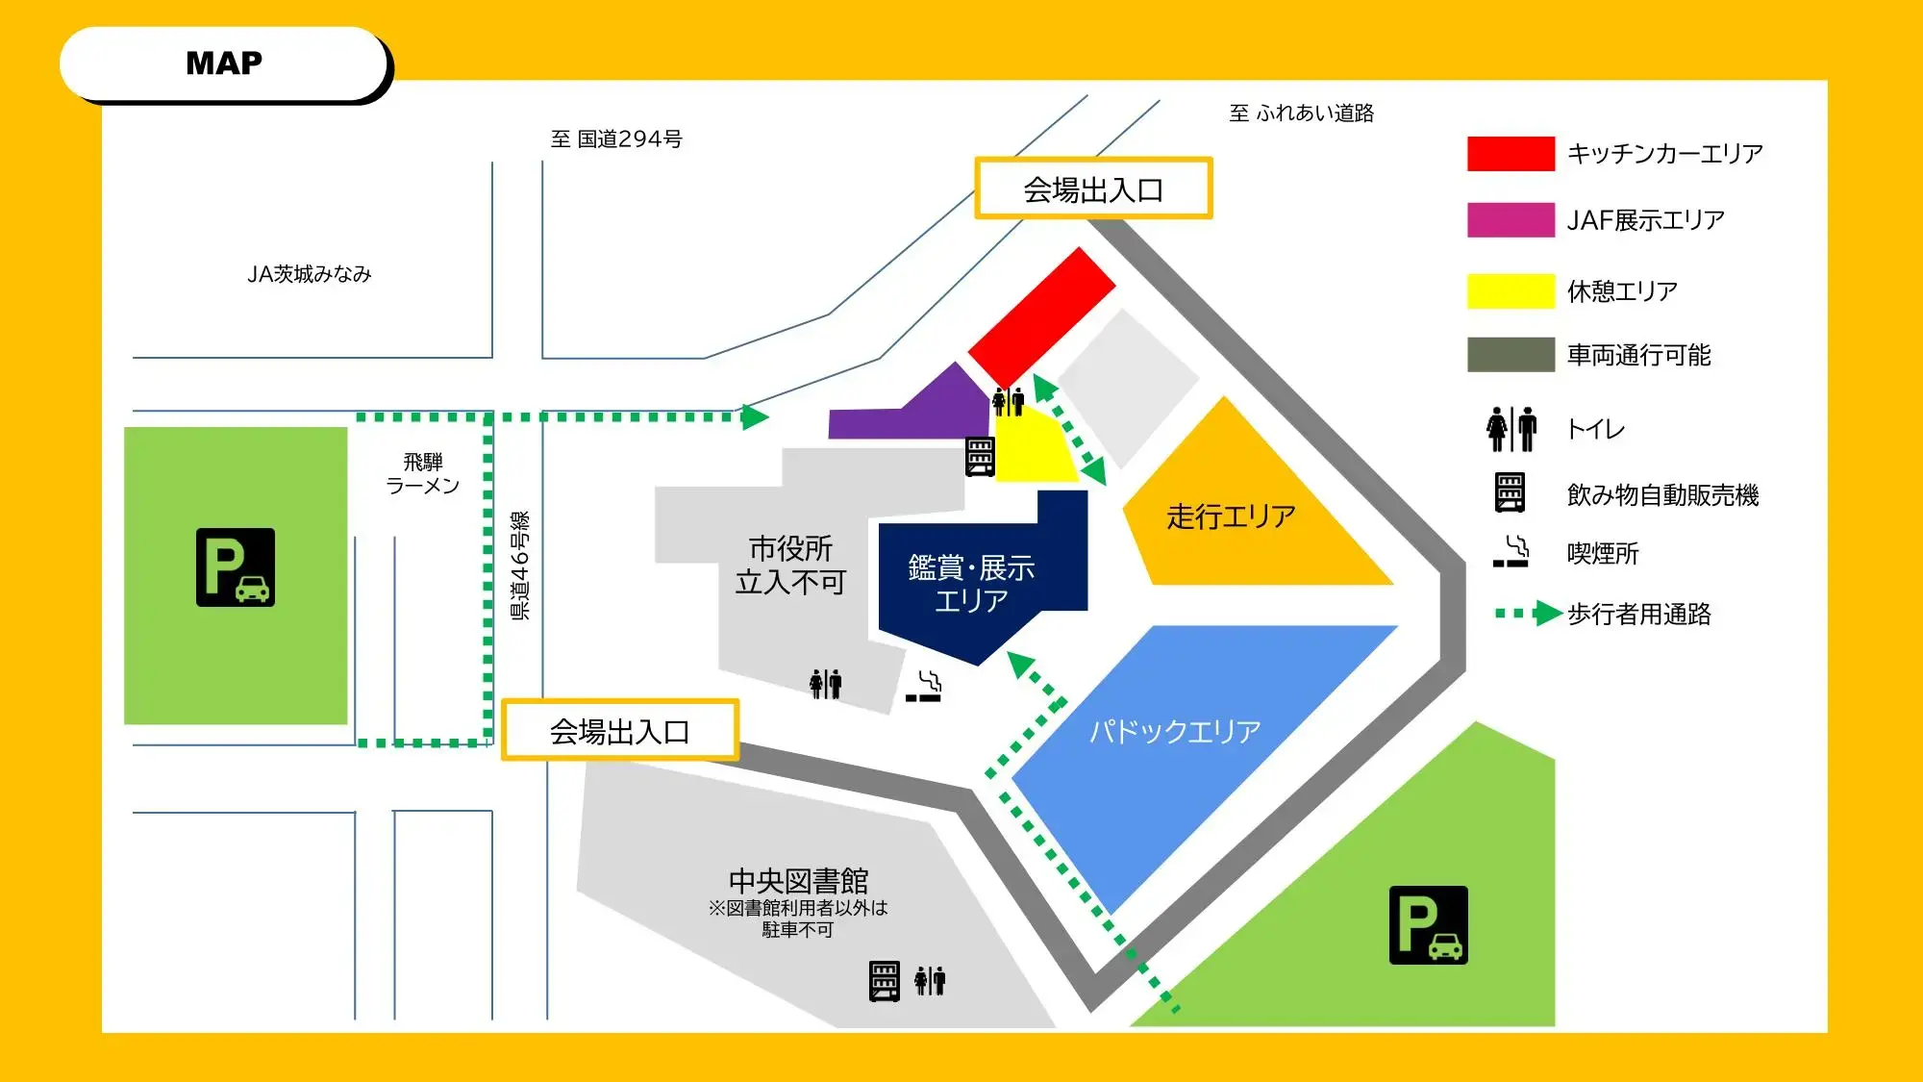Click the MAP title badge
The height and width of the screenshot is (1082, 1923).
[x=224, y=63]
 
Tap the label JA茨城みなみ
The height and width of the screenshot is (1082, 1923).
[x=309, y=274]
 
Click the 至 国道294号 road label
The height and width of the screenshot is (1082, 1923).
[x=616, y=139]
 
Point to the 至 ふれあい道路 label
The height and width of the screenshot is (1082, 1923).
[x=1301, y=113]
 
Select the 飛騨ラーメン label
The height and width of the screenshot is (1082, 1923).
[x=423, y=474]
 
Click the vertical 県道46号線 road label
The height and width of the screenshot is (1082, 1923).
[x=519, y=566]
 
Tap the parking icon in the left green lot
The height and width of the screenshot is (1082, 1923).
[x=236, y=567]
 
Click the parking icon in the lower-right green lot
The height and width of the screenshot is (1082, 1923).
[x=1428, y=925]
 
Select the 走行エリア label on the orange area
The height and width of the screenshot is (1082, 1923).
[x=1231, y=517]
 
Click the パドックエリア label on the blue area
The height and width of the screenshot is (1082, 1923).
[x=1175, y=732]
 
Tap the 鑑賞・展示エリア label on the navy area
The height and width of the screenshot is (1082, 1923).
[x=971, y=584]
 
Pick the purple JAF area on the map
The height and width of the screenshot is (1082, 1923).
[x=923, y=412]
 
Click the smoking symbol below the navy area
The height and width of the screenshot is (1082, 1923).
[x=924, y=687]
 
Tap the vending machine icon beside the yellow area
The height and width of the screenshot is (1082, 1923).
[x=980, y=457]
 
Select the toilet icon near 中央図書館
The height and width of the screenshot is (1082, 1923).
[x=930, y=981]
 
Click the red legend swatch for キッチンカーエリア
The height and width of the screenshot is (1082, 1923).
[x=1511, y=154]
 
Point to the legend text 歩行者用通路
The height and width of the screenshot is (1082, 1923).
[x=1639, y=614]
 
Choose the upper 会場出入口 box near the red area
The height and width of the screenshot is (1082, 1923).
[x=1093, y=189]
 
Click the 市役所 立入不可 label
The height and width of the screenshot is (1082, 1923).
[x=790, y=566]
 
